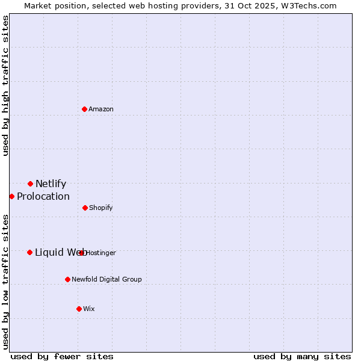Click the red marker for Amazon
85,109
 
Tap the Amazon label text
101,109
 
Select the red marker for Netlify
30,184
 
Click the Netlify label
51,184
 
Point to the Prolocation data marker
11,196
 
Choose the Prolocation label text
43,197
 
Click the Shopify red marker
85,208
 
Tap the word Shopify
101,208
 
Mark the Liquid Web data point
29,252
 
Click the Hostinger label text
101,253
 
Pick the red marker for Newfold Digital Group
67,279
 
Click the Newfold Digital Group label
107,280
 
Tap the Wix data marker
79,309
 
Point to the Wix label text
89,309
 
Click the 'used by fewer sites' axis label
62,356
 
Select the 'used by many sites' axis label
302,356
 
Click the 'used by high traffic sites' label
5,85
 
